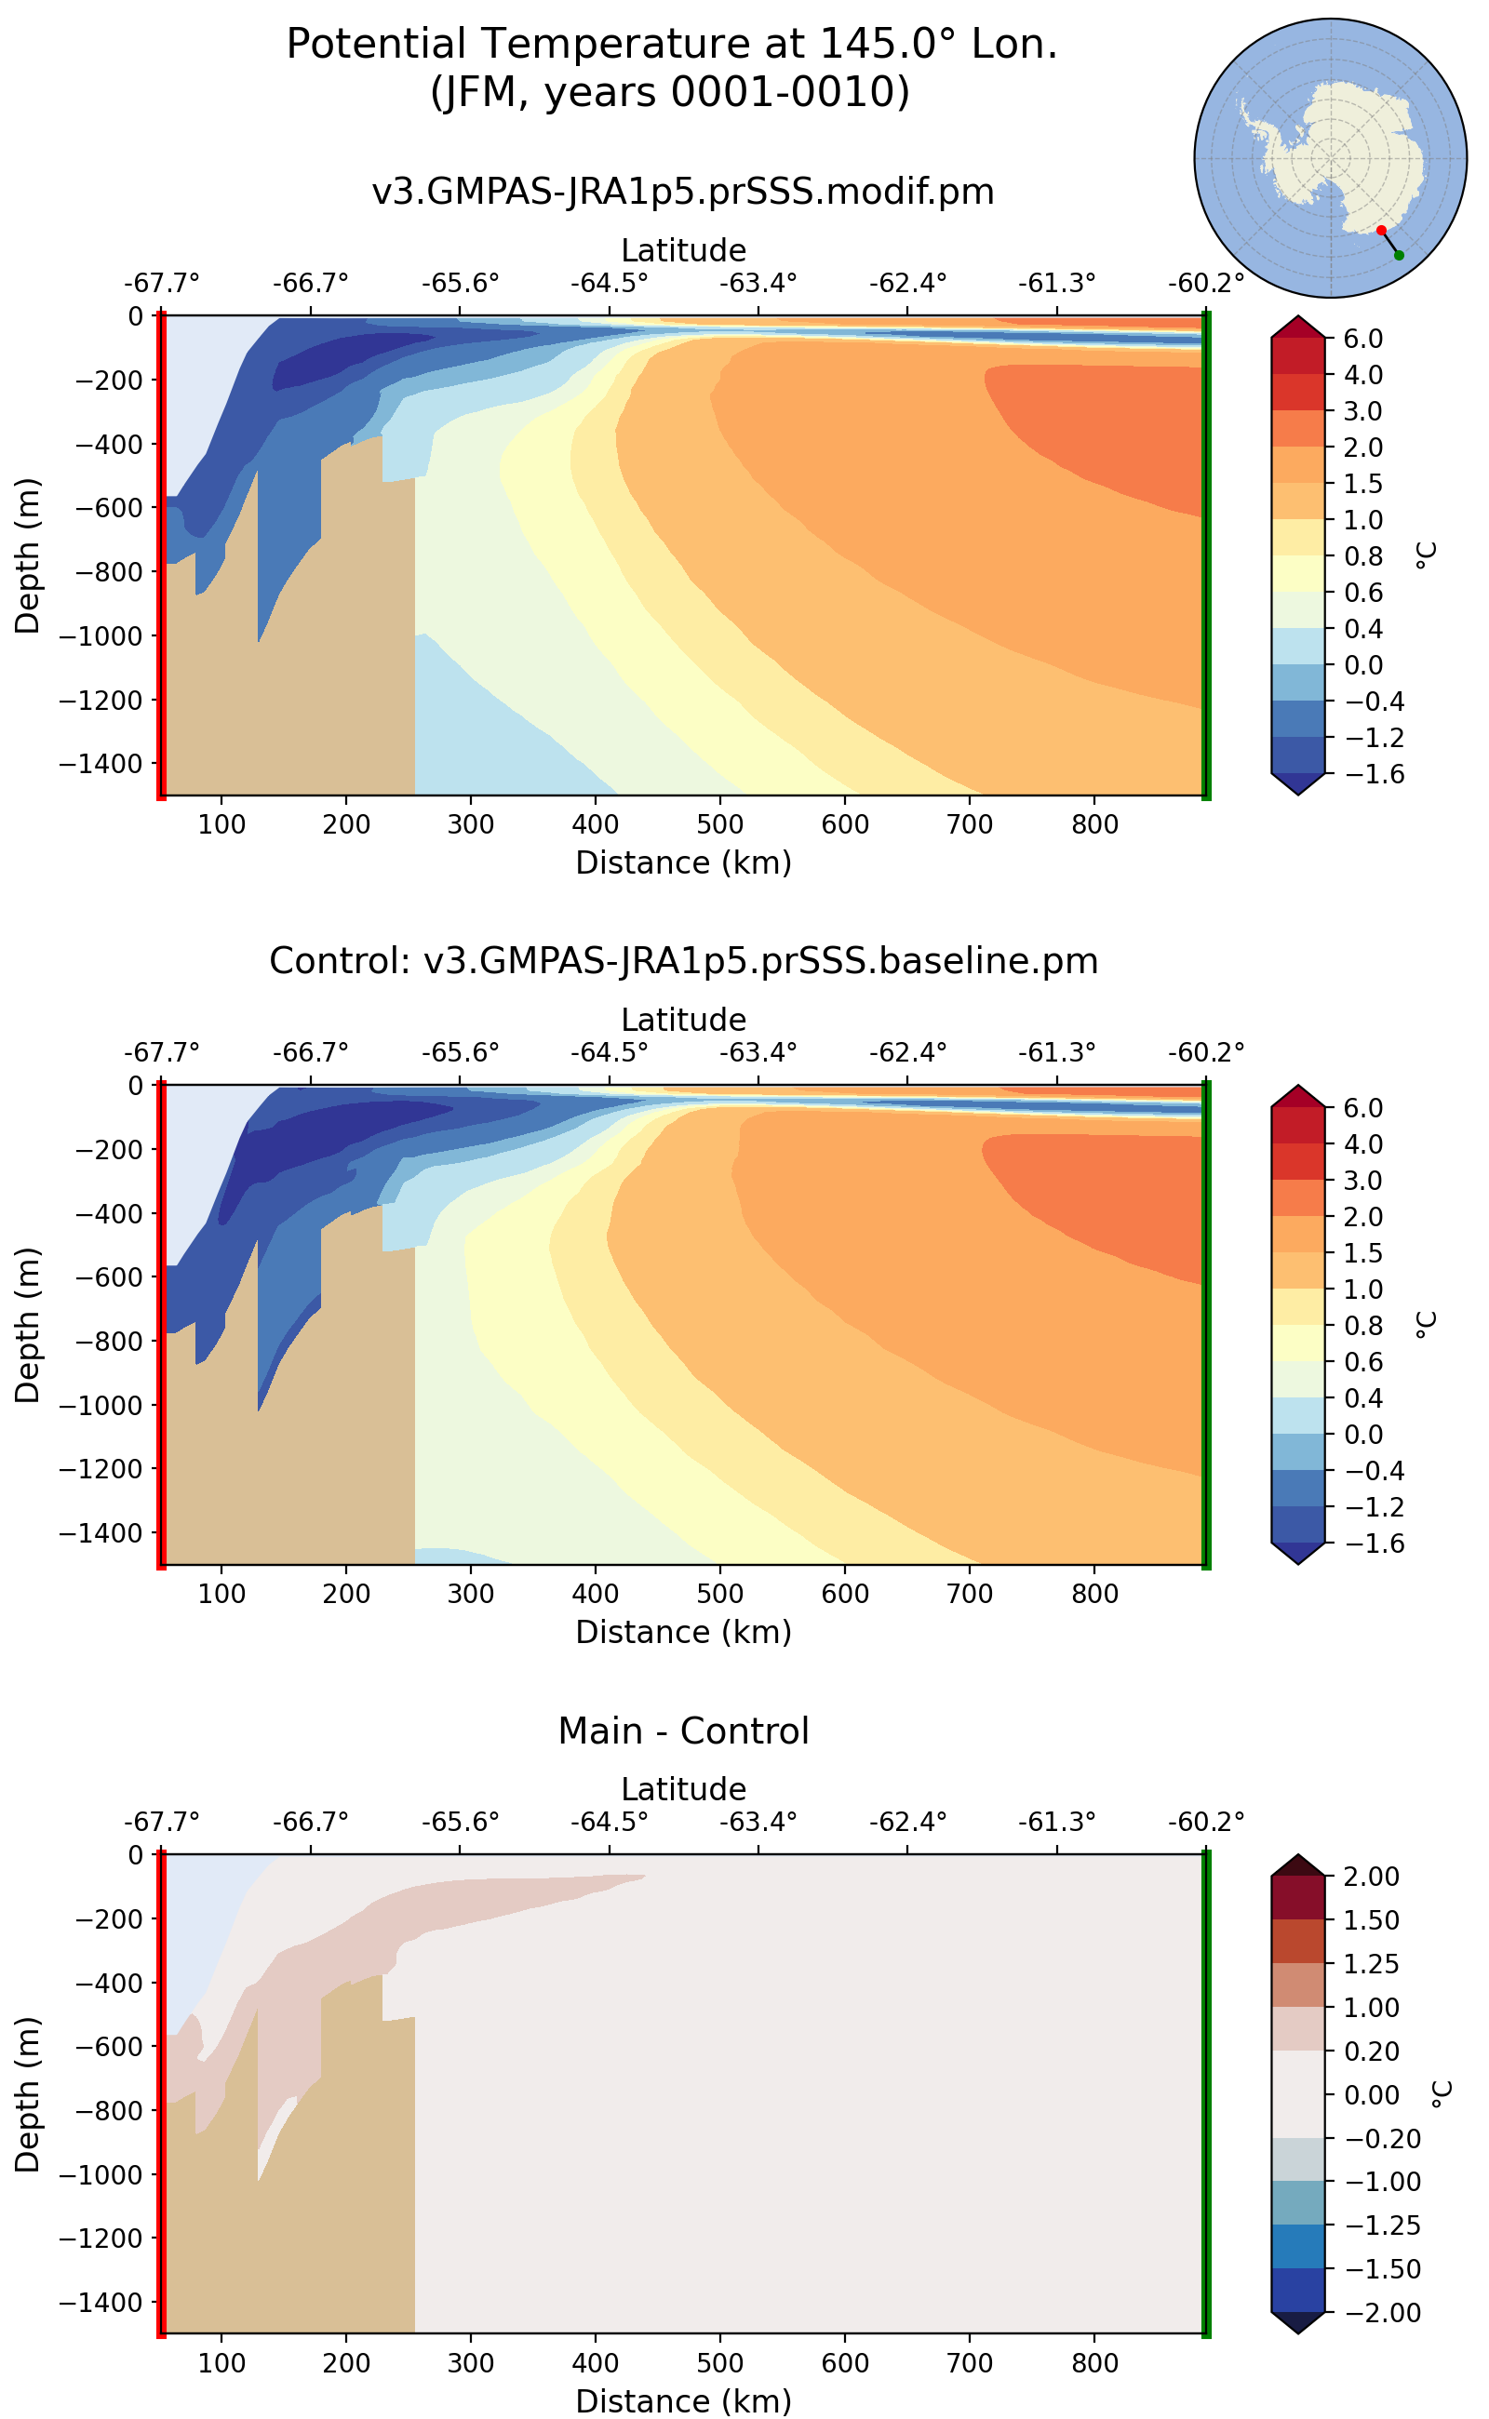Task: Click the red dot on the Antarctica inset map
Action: pyautogui.click(x=1381, y=231)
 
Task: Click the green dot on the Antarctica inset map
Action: pyautogui.click(x=1399, y=255)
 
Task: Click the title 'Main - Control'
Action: pyautogui.click(x=683, y=1731)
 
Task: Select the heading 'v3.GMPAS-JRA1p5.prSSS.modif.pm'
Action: pyautogui.click(x=683, y=191)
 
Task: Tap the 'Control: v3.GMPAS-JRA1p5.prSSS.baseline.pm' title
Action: pyautogui.click(x=683, y=961)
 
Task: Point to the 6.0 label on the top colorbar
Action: pyautogui.click(x=1363, y=339)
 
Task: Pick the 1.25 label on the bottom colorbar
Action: pyautogui.click(x=1371, y=1963)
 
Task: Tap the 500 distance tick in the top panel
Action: pyautogui.click(x=720, y=825)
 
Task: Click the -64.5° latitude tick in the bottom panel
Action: pyautogui.click(x=610, y=1822)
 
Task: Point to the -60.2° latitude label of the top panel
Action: pyautogui.click(x=1205, y=284)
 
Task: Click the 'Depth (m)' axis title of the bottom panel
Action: pyautogui.click(x=28, y=2094)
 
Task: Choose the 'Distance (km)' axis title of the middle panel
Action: pyautogui.click(x=683, y=1632)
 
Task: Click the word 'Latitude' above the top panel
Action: pyautogui.click(x=683, y=250)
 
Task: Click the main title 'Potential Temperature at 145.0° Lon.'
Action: pyautogui.click(x=672, y=45)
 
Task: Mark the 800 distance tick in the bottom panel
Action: pyautogui.click(x=1094, y=2363)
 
